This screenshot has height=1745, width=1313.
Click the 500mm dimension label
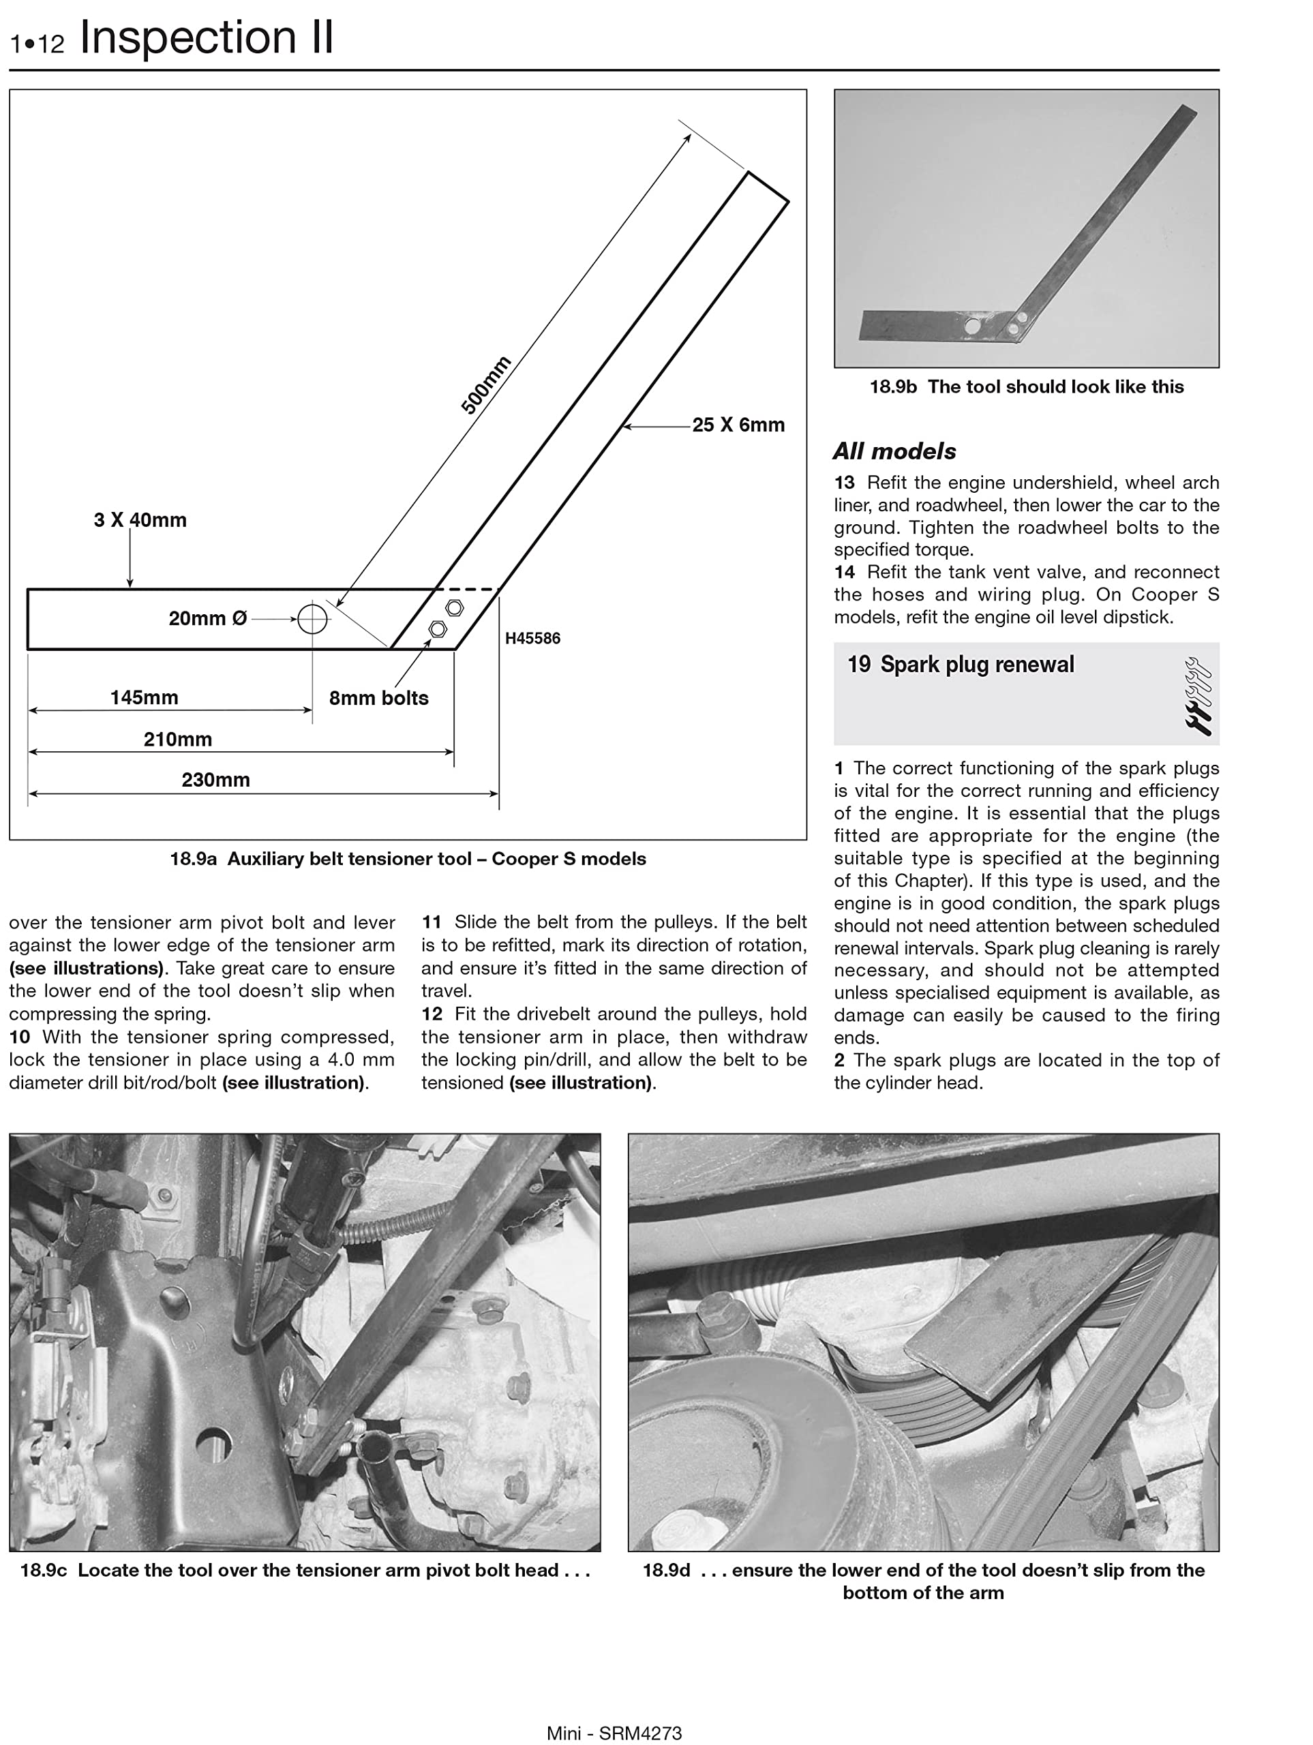pyautogui.click(x=486, y=385)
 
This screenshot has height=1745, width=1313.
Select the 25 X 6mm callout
pyautogui.click(x=738, y=425)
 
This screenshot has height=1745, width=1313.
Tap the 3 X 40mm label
pyautogui.click(x=140, y=520)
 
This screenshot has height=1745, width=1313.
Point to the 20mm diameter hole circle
pyautogui.click(x=312, y=619)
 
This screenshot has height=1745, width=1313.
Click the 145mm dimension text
pyautogui.click(x=144, y=697)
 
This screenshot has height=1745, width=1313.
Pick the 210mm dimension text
pyautogui.click(x=177, y=739)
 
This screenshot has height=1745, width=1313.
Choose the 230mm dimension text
pyautogui.click(x=215, y=780)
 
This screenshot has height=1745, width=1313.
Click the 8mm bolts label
pyautogui.click(x=379, y=698)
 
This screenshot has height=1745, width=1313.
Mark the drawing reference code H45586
pyautogui.click(x=532, y=638)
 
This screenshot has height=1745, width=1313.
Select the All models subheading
pyautogui.click(x=894, y=451)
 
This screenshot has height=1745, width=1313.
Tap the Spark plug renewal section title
pyautogui.click(x=977, y=664)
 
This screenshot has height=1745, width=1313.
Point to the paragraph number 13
pyautogui.click(x=844, y=483)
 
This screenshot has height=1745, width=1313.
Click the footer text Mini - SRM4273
pyautogui.click(x=614, y=1733)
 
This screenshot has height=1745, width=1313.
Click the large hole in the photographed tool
pyautogui.click(x=972, y=325)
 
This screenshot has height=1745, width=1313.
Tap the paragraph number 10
pyautogui.click(x=20, y=1037)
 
